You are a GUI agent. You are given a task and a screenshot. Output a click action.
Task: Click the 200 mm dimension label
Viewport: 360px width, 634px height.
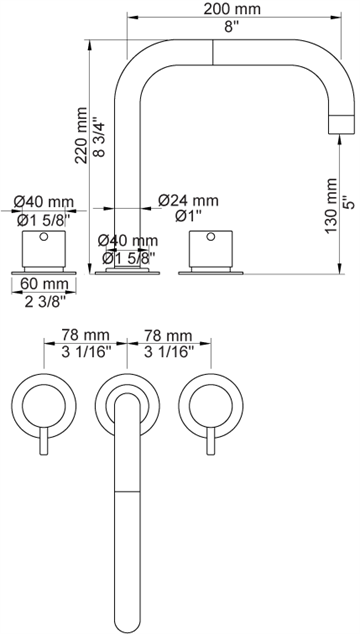[x=232, y=8]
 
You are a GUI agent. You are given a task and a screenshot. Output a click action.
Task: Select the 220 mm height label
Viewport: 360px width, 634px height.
[x=81, y=135]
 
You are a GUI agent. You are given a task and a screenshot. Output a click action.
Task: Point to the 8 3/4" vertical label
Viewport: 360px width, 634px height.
[x=99, y=137]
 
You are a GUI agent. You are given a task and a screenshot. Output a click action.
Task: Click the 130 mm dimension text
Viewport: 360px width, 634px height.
[x=330, y=205]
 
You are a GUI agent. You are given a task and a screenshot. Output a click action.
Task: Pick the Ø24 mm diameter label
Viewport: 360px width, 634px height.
[x=188, y=200]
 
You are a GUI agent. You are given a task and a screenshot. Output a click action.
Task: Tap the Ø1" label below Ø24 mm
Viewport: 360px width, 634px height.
[x=188, y=217]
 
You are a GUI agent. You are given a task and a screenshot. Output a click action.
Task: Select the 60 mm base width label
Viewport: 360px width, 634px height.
[x=44, y=284]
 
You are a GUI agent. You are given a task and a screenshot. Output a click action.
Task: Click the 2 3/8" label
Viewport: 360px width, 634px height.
[x=44, y=301]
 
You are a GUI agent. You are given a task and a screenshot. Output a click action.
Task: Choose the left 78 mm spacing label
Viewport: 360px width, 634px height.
[x=85, y=335]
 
